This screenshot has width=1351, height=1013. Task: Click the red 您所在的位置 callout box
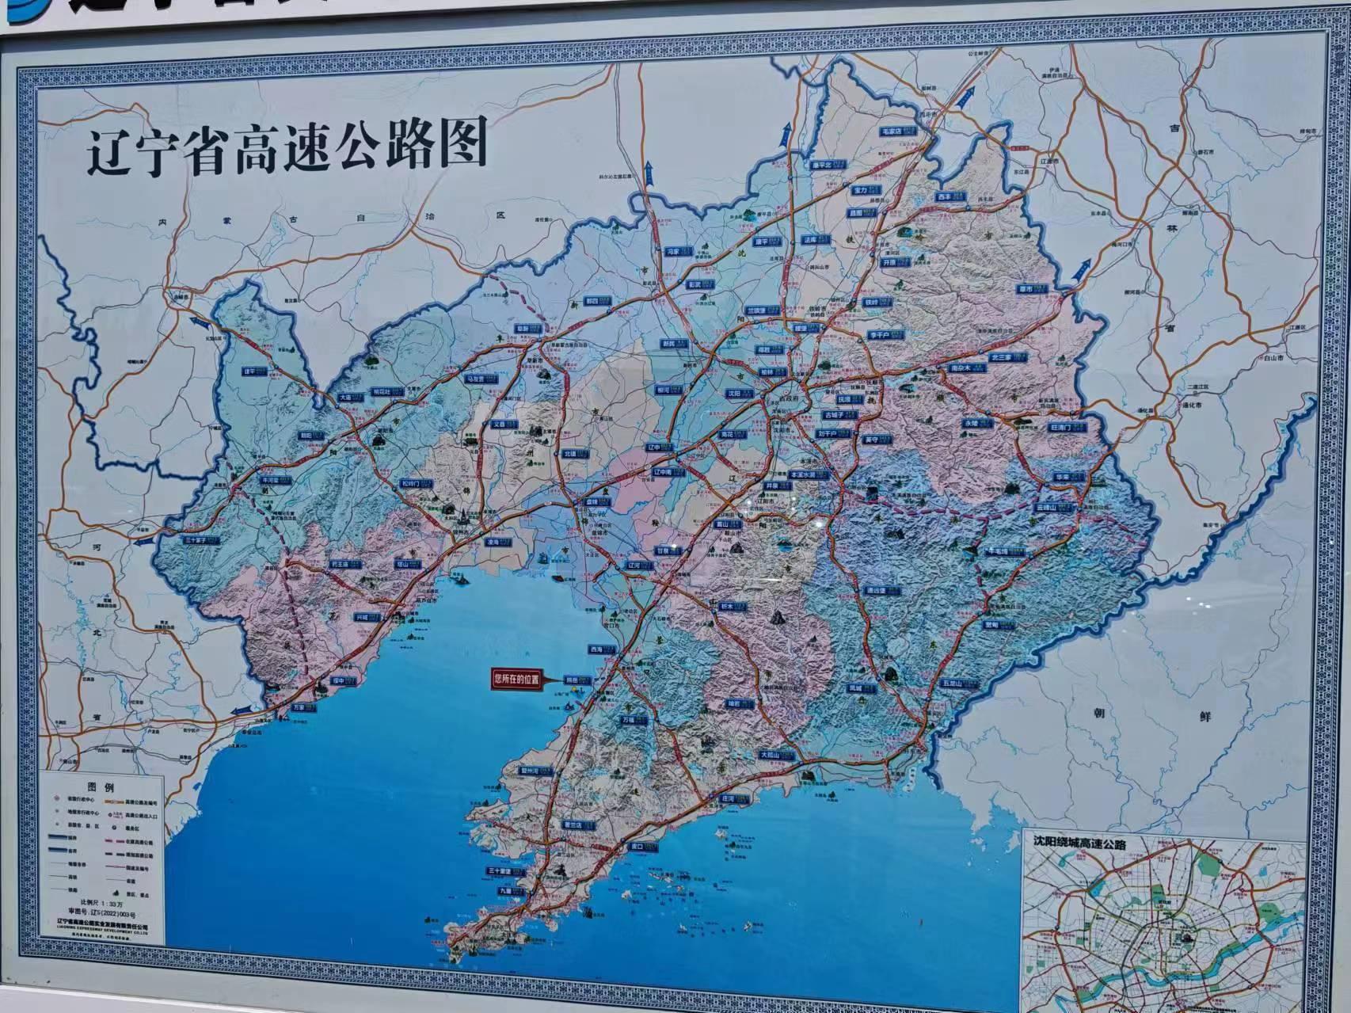pyautogui.click(x=516, y=679)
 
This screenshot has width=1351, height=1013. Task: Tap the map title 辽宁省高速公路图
pyautogui.click(x=286, y=148)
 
